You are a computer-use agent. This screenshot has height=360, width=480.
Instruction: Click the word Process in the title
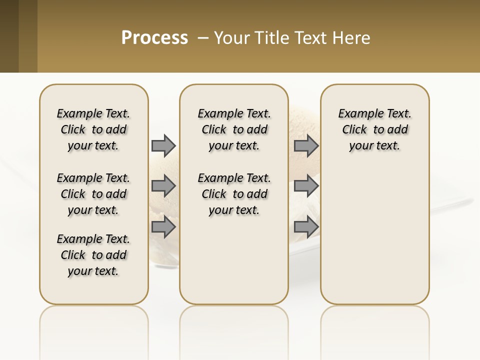point(154,38)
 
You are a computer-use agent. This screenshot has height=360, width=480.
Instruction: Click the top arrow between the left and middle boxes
point(163,145)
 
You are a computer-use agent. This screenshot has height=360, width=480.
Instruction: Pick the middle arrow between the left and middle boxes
point(163,186)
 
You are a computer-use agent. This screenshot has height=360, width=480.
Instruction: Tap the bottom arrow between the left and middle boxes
point(163,226)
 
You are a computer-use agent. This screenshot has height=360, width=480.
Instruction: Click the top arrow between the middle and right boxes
point(306,145)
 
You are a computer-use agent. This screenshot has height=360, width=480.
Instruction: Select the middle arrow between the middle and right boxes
point(306,186)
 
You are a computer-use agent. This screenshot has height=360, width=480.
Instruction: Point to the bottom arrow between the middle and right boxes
point(306,226)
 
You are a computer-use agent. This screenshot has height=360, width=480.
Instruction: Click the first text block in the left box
point(93,129)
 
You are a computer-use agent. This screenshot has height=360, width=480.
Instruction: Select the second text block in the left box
point(93,194)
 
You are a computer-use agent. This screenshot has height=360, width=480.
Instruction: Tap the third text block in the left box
point(93,255)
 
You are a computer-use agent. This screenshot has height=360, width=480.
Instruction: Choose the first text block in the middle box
point(234,129)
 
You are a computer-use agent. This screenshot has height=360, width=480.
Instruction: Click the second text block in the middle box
point(234,194)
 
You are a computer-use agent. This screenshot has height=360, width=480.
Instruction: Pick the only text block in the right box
point(374,129)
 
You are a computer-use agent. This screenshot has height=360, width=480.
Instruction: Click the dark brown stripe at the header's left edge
point(9,36)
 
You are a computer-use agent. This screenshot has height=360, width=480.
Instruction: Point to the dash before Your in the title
point(203,38)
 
